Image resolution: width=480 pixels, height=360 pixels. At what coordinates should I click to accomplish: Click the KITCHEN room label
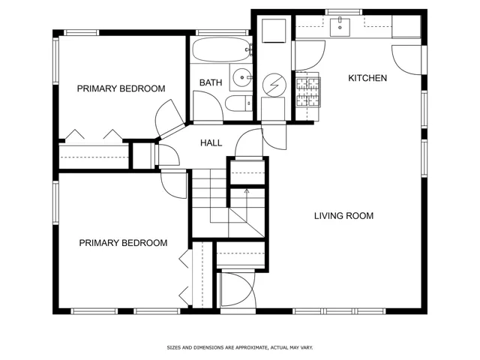click(x=367, y=78)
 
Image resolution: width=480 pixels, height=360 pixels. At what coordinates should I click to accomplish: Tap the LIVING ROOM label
click(x=343, y=216)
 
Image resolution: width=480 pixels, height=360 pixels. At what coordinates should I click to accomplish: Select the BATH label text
click(x=211, y=82)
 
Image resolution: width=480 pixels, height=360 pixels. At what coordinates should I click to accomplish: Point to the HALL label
click(x=211, y=143)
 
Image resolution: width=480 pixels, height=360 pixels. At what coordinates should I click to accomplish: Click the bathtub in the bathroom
click(x=222, y=49)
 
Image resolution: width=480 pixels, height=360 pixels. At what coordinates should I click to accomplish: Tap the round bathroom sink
click(x=242, y=77)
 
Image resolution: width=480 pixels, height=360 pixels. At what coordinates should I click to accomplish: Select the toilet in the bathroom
click(x=238, y=103)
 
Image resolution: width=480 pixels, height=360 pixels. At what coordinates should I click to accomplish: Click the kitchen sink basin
click(x=340, y=27)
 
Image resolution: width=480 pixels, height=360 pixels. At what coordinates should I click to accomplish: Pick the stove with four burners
click(x=308, y=91)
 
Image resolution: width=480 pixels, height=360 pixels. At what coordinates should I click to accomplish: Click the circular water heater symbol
click(x=274, y=85)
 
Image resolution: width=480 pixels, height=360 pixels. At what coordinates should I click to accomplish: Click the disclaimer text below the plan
click(x=240, y=347)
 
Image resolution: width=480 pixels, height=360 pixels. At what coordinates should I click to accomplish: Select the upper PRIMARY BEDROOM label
click(x=121, y=88)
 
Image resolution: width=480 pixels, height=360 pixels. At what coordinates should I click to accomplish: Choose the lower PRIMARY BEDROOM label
click(x=123, y=243)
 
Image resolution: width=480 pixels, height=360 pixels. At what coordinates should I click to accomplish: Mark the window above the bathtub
click(x=222, y=32)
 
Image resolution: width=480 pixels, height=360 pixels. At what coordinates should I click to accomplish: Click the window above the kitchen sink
click(x=343, y=12)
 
